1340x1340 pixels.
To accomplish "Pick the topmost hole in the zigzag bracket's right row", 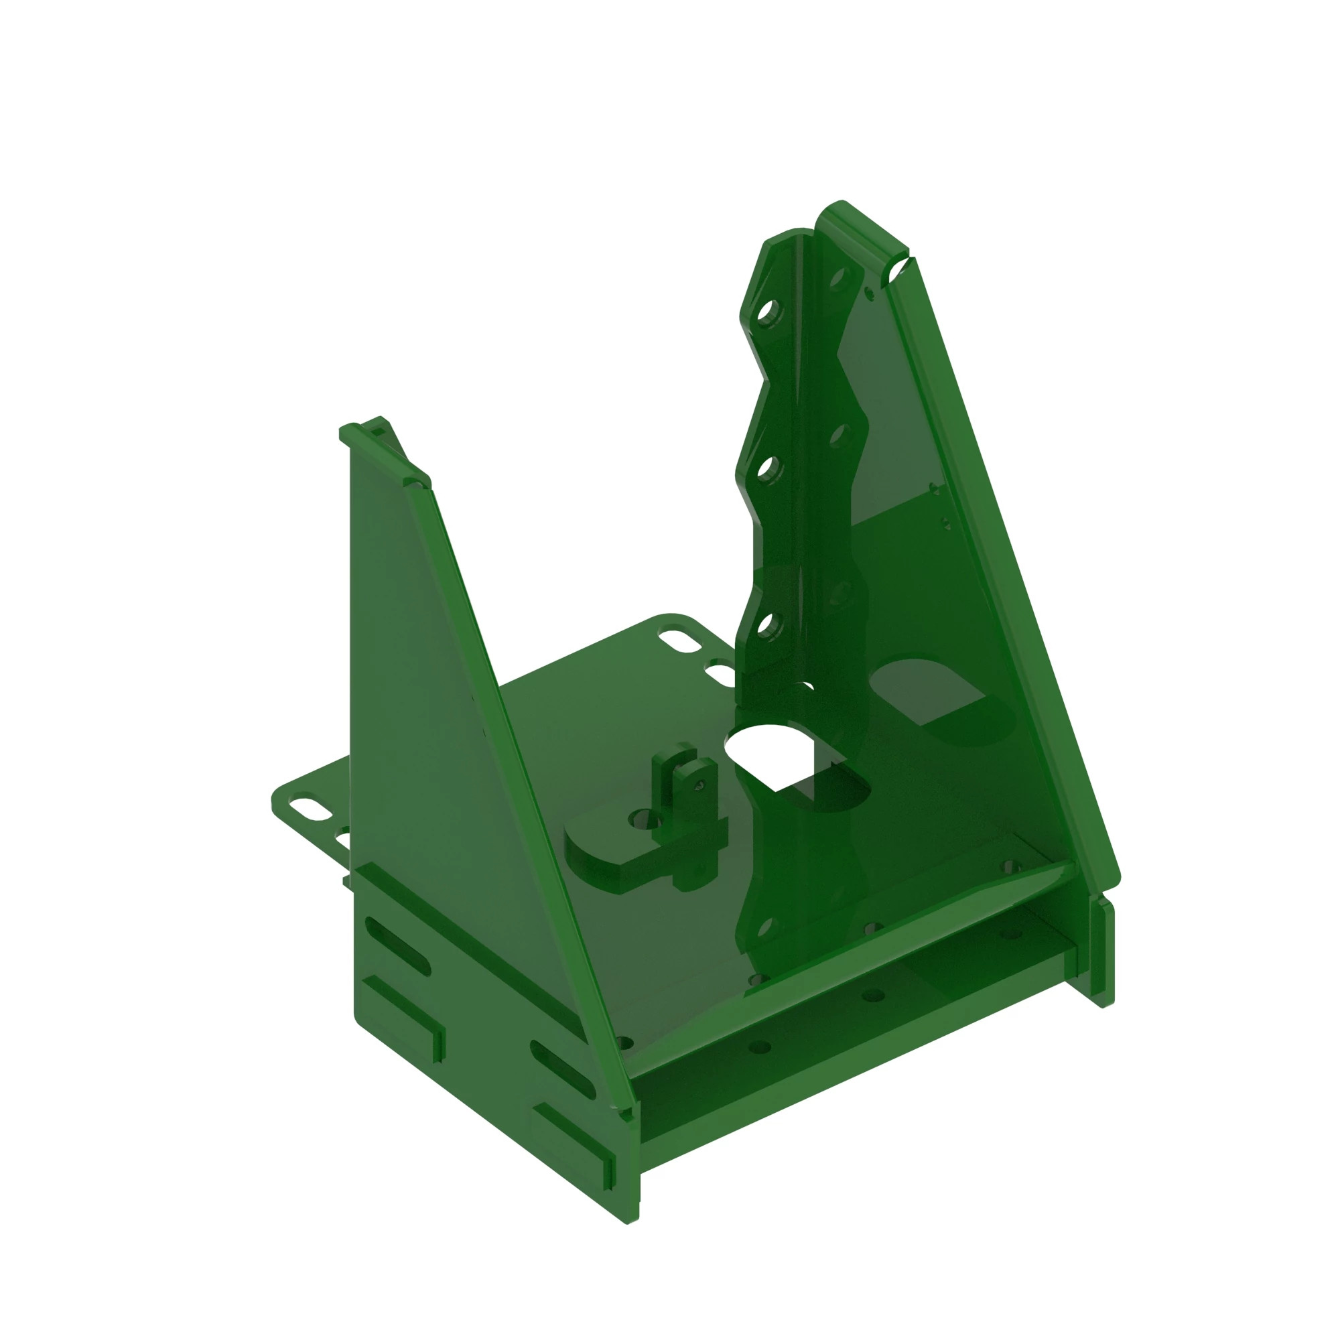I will [839, 279].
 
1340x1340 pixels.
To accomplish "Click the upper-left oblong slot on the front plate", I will [397, 946].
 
